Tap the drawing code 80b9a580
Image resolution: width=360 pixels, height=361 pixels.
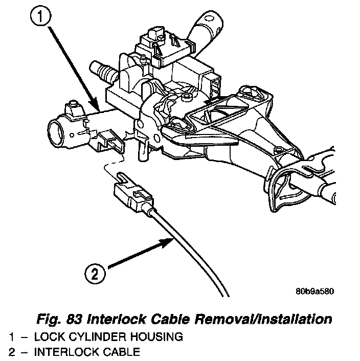314,292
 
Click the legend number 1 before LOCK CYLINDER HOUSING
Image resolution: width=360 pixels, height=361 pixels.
12,337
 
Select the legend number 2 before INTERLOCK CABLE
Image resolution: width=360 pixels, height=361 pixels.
12,352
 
